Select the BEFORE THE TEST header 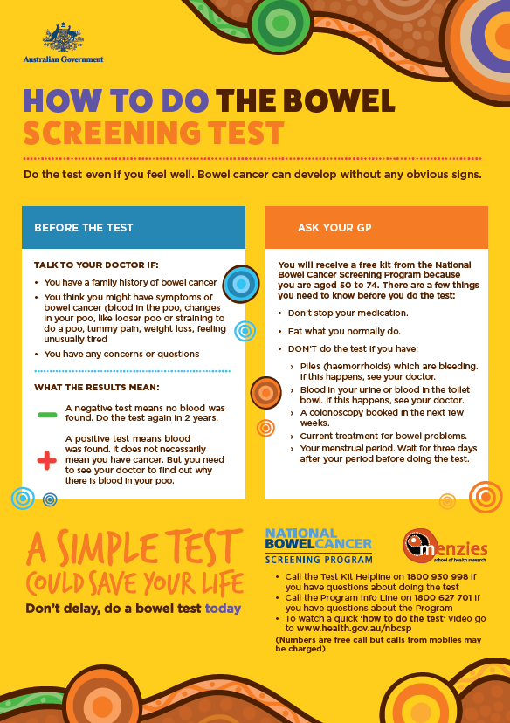pyautogui.click(x=84, y=228)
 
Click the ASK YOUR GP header pyautogui.click(x=334, y=228)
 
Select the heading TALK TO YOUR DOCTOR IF pyautogui.click(x=97, y=265)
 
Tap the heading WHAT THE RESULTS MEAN pyautogui.click(x=96, y=387)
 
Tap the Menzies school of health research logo pyautogui.click(x=445, y=547)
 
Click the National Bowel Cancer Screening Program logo pyautogui.click(x=319, y=546)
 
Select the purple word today pyautogui.click(x=223, y=609)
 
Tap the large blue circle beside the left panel pyautogui.click(x=240, y=285)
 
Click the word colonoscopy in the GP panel pyautogui.click(x=343, y=412)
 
